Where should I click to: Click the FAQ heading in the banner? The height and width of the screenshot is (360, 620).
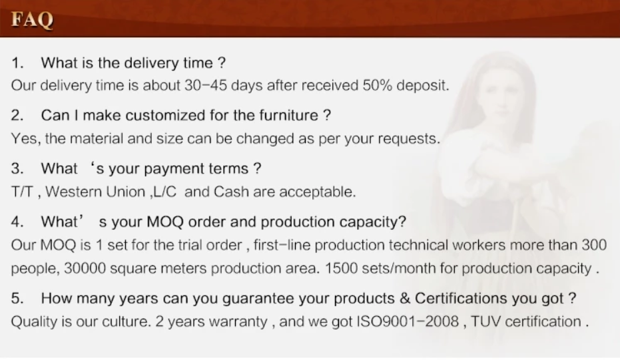32,19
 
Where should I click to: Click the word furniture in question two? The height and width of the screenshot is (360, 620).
288,115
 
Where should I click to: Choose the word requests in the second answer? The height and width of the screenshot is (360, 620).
409,139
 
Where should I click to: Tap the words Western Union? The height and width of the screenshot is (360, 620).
95,192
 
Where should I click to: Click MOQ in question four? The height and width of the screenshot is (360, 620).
165,222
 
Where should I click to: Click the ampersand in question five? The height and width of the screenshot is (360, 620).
404,298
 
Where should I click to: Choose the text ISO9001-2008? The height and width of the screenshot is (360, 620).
408,321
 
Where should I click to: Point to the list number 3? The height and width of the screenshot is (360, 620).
17,169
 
